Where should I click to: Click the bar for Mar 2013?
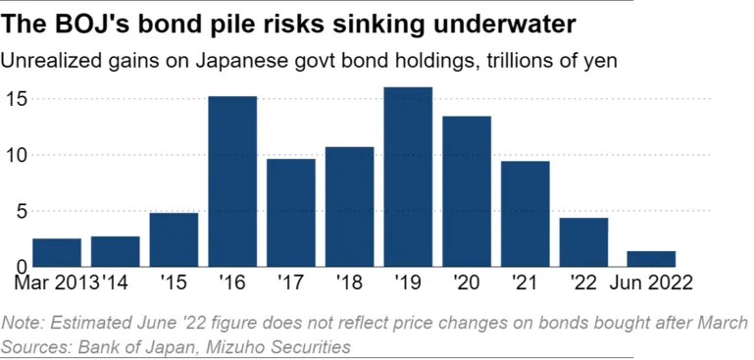57,252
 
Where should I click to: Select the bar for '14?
116,251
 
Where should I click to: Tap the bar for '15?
174,239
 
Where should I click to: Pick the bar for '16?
232,181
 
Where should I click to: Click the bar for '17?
291,212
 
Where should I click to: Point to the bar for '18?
349,206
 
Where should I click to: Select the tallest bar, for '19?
408,177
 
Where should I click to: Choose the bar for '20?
467,191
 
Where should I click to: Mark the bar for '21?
525,213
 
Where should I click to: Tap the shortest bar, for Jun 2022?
651,258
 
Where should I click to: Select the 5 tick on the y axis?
19,211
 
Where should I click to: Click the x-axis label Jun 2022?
651,282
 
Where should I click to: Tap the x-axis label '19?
408,282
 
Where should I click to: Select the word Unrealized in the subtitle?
45,61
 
